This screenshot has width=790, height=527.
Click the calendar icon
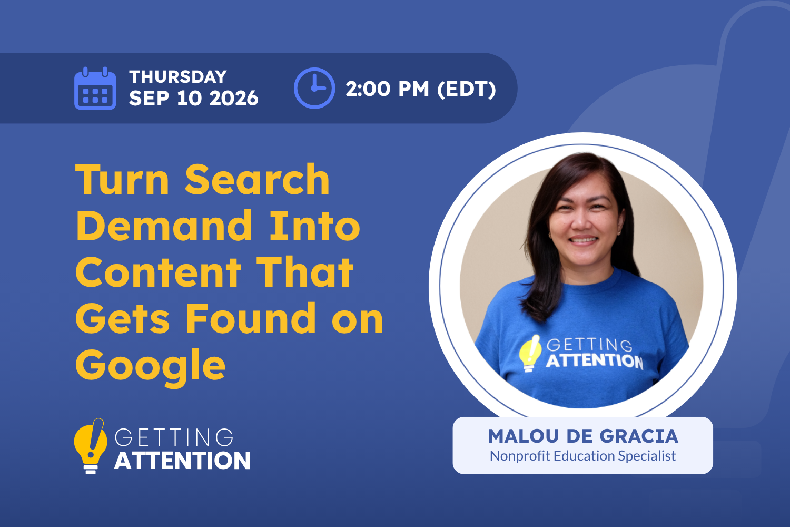click(x=95, y=88)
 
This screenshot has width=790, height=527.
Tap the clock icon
click(x=314, y=88)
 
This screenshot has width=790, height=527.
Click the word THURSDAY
click(x=178, y=76)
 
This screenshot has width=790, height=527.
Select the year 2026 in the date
click(x=234, y=98)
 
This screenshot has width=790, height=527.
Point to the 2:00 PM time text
click(x=387, y=89)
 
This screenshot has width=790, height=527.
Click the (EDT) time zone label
click(x=467, y=89)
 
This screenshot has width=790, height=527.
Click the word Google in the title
click(x=150, y=367)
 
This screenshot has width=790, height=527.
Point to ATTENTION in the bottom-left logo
click(x=182, y=460)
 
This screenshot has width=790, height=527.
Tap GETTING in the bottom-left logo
click(x=174, y=437)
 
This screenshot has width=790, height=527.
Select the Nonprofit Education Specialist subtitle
click(x=582, y=456)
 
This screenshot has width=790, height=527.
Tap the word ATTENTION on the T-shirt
click(x=595, y=361)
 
